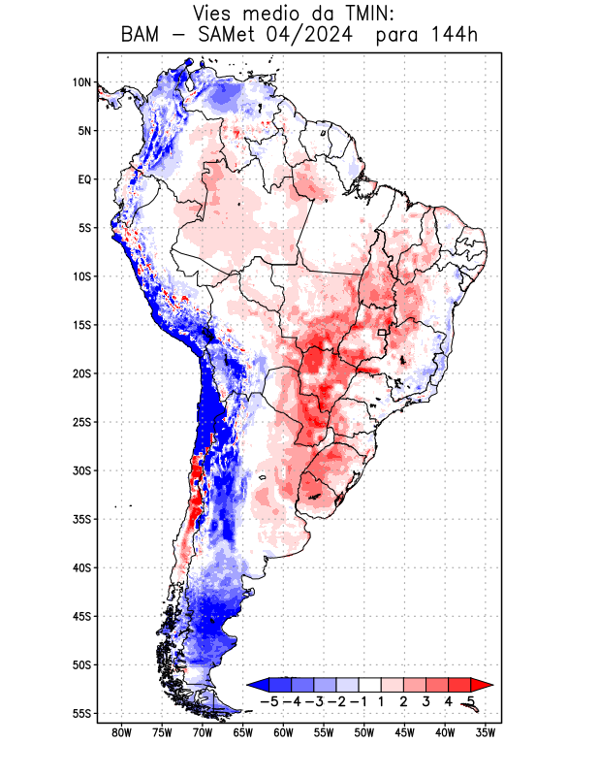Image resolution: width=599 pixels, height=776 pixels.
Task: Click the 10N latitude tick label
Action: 82,82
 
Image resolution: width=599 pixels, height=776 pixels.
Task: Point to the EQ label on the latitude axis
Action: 84,179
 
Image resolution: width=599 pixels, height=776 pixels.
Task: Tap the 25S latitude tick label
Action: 80,422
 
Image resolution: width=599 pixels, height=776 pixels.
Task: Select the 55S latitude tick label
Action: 80,713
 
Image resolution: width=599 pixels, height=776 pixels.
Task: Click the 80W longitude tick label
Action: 122,732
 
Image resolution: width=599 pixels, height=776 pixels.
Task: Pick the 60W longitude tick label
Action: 284,732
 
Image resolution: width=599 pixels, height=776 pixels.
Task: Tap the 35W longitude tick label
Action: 487,732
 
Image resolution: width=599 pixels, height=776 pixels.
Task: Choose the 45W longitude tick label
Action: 405,732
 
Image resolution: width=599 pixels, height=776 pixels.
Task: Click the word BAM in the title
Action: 142,36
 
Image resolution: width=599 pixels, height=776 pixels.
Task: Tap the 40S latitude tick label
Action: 80,567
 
